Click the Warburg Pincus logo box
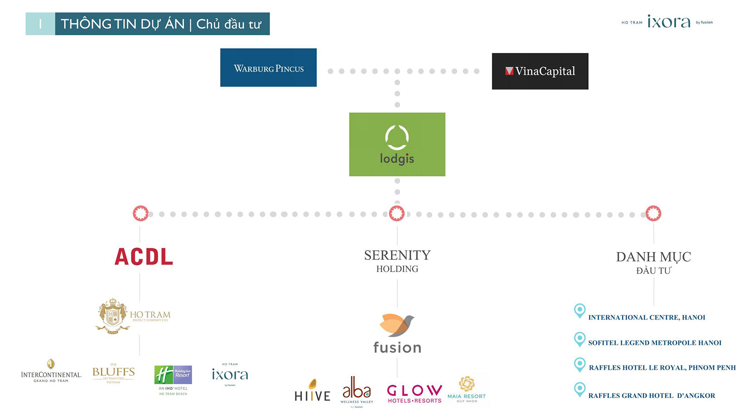(268, 68)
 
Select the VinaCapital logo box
(540, 71)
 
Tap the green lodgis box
(397, 144)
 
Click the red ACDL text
(144, 257)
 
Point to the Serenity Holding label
(397, 261)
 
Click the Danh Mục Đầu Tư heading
(653, 263)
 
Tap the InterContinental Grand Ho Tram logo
(51, 372)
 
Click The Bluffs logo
(113, 373)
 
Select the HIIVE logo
(313, 391)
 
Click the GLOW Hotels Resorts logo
(414, 393)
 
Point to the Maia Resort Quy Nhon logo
(466, 389)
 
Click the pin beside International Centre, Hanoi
(579, 310)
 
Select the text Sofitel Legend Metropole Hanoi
(654, 343)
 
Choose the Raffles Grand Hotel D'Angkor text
(652, 396)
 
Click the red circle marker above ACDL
(140, 214)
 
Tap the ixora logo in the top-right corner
(668, 22)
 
